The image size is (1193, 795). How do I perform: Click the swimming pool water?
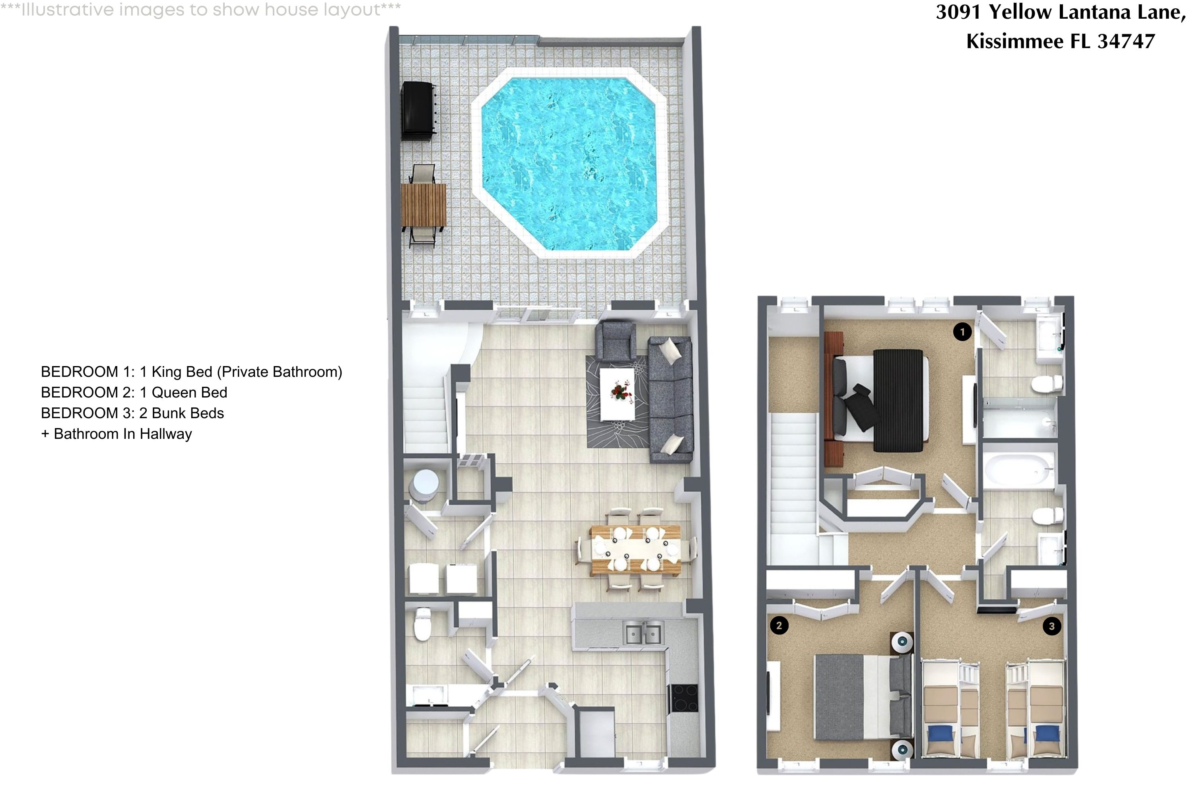coord(569,163)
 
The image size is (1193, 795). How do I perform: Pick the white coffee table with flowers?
coord(617,394)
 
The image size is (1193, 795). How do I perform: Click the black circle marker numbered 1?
coord(962,332)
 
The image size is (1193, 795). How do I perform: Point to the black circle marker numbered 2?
coord(779,625)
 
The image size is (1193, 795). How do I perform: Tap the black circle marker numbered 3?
coord(1051,626)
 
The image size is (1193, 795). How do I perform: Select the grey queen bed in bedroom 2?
coord(852,697)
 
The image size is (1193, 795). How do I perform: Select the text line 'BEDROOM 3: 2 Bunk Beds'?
coord(132,413)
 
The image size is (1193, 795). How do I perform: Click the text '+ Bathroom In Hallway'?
coord(117,434)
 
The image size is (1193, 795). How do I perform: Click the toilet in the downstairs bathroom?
coord(422,624)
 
